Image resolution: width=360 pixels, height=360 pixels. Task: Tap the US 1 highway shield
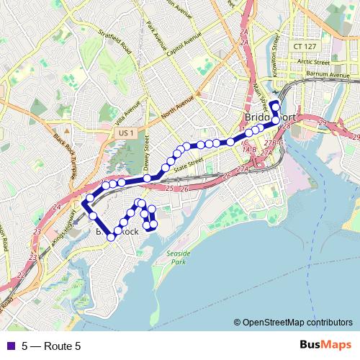pos(127,133)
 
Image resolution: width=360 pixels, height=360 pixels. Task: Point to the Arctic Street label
pos(312,63)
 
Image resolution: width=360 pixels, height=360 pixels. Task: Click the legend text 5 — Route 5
pos(51,346)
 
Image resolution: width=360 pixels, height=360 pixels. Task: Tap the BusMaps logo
pos(325,346)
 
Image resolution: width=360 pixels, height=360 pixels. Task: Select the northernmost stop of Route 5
pos(274,105)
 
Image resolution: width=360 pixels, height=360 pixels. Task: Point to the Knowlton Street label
pos(276,52)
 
